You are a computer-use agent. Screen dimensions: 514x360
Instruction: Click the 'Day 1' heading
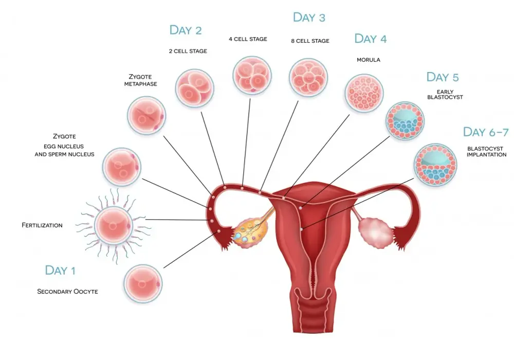pos(60,271)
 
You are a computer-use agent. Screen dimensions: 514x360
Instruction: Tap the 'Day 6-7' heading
pos(486,132)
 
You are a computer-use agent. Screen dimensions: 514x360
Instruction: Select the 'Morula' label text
pos(369,60)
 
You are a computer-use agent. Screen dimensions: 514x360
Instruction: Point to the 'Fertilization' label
pos(42,225)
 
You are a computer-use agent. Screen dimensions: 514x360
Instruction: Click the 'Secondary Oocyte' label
pos(67,292)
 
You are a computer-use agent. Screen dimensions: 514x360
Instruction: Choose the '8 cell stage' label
pos(310,41)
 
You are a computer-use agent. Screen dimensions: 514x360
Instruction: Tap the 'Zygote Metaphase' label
pos(140,80)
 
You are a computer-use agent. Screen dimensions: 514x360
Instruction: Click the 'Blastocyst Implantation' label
pos(486,152)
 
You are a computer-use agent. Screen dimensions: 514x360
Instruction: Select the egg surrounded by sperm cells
pos(114,226)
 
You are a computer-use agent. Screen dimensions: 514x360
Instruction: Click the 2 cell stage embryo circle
pos(195,88)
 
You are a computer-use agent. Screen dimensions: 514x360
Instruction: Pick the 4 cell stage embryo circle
pos(252,76)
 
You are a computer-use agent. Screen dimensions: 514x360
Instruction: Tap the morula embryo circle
pos(364,93)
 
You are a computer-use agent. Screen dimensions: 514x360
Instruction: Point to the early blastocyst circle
pos(405,121)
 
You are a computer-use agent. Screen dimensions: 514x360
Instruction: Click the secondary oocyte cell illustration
pos(143,283)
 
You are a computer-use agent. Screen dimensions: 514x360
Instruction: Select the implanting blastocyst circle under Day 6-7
pos(435,165)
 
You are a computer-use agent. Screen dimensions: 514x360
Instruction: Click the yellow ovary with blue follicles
pos(250,232)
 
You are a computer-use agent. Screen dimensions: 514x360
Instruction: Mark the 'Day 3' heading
pos(309,17)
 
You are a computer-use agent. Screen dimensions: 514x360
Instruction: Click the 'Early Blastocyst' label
pos(445,95)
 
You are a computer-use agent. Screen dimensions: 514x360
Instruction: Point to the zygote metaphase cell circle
pos(146,115)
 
